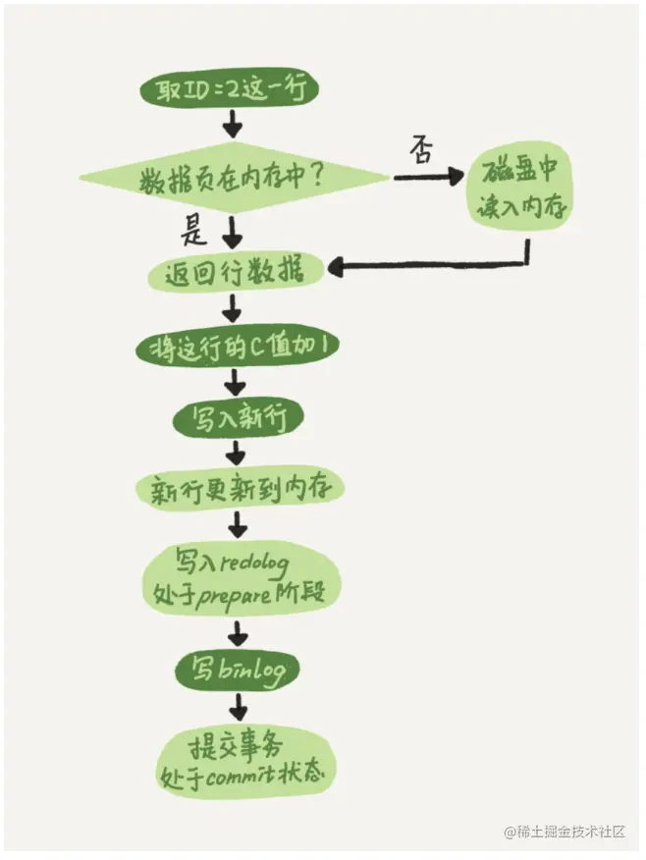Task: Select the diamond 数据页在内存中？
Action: click(x=234, y=180)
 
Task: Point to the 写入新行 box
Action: click(x=237, y=417)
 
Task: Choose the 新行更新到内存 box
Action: click(x=237, y=488)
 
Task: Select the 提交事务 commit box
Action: click(x=242, y=758)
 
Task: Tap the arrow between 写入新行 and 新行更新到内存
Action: click(x=236, y=453)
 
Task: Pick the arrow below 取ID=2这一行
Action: click(x=234, y=125)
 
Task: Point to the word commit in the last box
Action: click(x=230, y=774)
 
